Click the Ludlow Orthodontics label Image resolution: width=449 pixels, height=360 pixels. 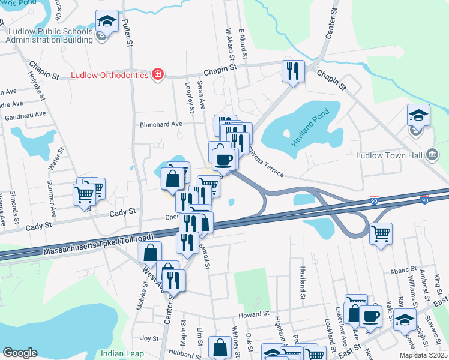point(109,76)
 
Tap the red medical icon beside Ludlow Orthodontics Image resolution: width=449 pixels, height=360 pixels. point(157,74)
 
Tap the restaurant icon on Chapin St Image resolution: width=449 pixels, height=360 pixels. point(293,71)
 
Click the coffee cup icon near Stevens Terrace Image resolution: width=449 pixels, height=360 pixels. point(224,159)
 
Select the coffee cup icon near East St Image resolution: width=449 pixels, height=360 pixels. point(370,316)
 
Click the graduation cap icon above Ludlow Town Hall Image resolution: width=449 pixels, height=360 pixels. point(418,115)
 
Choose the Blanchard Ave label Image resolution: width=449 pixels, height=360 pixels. point(160,124)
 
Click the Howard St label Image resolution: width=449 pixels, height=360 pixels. point(252,314)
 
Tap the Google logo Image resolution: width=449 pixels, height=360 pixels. point(20,353)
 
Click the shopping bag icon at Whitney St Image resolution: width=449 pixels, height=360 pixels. point(220,347)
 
